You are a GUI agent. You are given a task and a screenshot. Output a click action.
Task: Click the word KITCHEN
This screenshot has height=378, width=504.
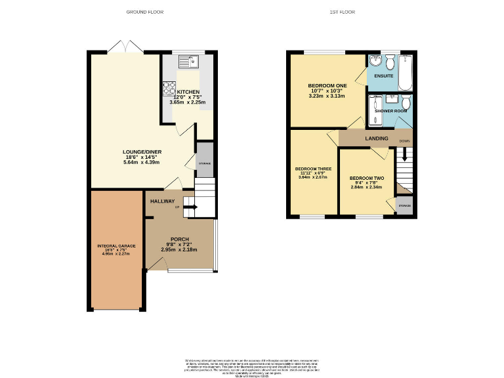tap(187, 92)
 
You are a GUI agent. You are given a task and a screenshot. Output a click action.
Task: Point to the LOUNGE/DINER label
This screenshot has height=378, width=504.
tap(142, 152)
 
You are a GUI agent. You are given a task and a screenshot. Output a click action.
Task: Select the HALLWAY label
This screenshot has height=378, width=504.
tap(162, 201)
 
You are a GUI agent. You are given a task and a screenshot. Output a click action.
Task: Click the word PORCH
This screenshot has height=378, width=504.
tap(180, 239)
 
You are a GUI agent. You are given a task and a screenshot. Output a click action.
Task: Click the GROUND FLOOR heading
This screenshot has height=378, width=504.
tap(144, 12)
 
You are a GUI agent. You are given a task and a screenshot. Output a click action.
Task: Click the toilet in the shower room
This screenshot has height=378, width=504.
tap(406, 102)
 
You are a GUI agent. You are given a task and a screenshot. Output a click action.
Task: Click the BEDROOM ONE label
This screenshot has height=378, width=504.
tap(327, 86)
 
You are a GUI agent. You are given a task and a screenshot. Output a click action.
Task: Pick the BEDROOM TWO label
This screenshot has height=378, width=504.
tap(366, 178)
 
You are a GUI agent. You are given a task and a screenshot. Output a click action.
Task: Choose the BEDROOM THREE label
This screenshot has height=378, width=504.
tap(313, 169)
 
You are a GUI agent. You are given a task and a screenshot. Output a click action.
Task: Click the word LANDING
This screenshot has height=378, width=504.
tap(377, 138)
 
